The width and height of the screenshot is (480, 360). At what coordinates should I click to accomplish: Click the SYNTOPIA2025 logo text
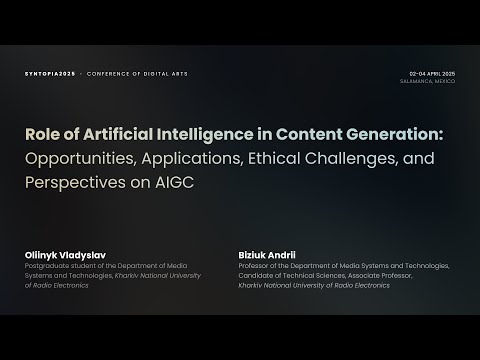pyautogui.click(x=48, y=75)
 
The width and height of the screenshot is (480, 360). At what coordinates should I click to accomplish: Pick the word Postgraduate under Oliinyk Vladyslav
pyautogui.click(x=50, y=266)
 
